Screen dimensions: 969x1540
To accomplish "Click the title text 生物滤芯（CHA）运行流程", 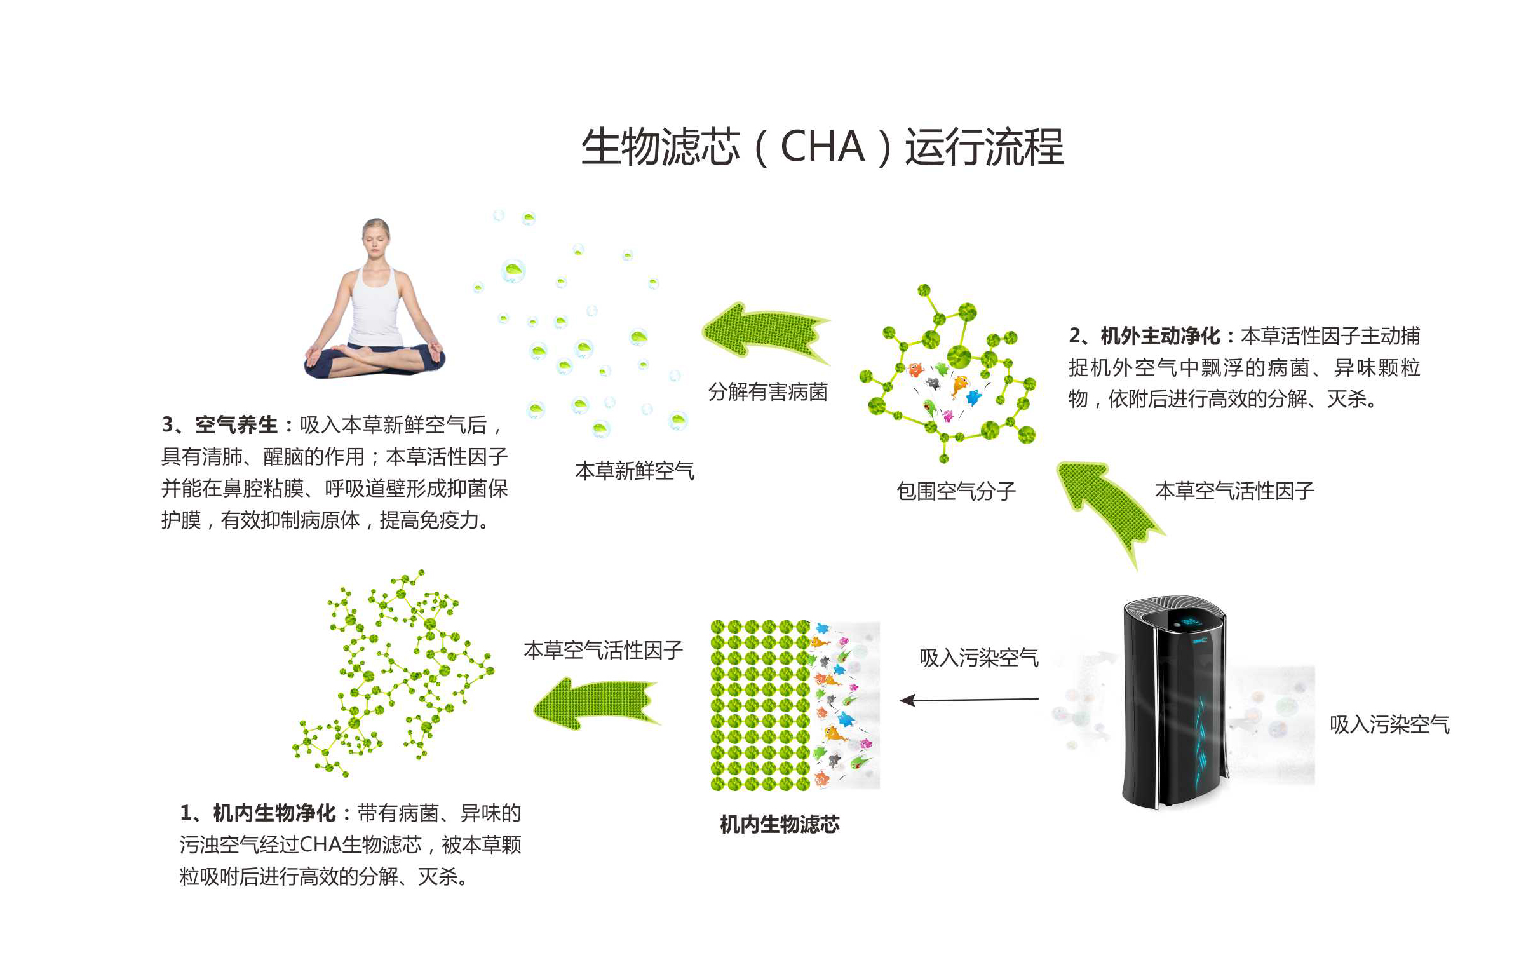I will click(x=822, y=147).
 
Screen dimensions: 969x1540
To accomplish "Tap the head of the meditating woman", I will click(x=376, y=238).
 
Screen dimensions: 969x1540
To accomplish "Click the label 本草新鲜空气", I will click(x=635, y=471).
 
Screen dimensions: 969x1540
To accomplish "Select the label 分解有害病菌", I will click(x=767, y=391).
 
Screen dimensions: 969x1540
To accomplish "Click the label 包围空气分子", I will click(x=956, y=491).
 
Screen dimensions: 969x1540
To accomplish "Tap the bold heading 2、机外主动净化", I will click(x=1145, y=335).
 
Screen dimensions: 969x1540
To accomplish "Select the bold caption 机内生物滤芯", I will click(x=780, y=825).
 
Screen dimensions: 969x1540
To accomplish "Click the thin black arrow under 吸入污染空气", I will click(x=969, y=700).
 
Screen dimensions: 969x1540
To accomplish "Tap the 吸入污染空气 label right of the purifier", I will click(x=1389, y=724).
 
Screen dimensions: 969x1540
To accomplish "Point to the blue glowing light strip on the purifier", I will click(x=1202, y=742).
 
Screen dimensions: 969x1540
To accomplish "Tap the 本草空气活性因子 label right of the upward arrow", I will click(x=1234, y=491).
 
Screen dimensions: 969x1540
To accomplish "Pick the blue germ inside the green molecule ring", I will click(x=974, y=398).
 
